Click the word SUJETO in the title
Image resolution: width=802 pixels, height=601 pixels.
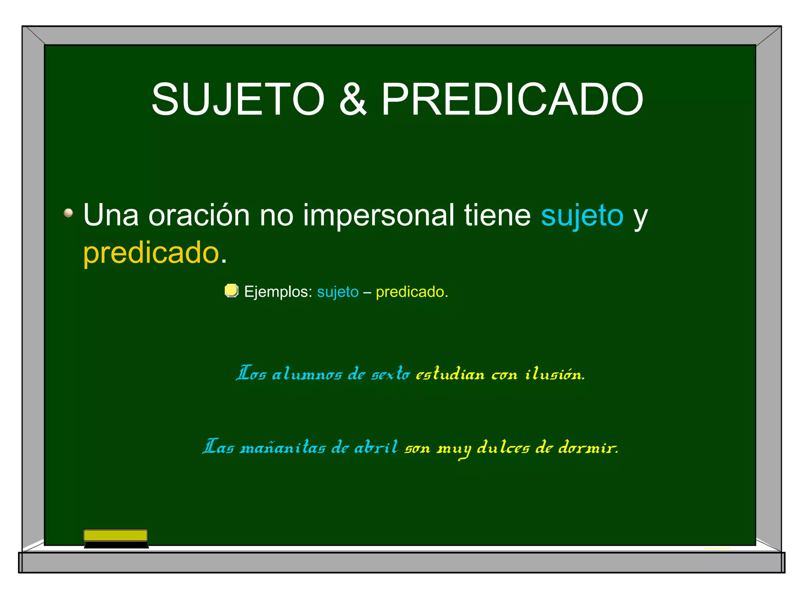(238, 100)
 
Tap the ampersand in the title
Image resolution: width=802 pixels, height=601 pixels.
(352, 100)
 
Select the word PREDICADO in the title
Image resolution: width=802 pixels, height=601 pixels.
(512, 100)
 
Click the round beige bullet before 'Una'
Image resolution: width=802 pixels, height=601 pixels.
(69, 213)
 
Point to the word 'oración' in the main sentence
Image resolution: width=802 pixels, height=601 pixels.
(199, 215)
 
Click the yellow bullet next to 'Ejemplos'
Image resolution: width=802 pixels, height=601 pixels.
(231, 291)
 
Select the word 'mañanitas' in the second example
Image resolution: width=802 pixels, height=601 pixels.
(282, 447)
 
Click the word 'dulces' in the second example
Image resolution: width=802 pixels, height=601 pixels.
(503, 447)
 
